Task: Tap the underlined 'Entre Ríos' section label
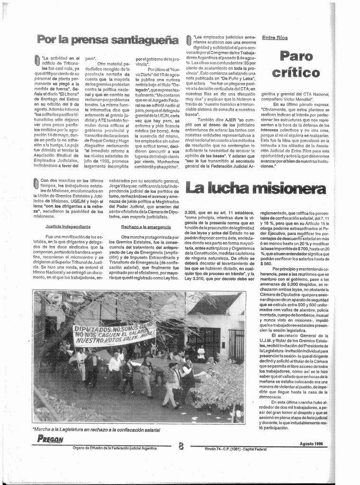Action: [x=275, y=37]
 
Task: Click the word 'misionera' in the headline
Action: [x=289, y=188]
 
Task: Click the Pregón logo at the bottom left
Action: [x=50, y=438]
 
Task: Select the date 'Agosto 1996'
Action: [x=311, y=443]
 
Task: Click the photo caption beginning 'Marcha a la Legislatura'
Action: [x=96, y=430]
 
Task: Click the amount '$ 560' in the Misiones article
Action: [x=266, y=264]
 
